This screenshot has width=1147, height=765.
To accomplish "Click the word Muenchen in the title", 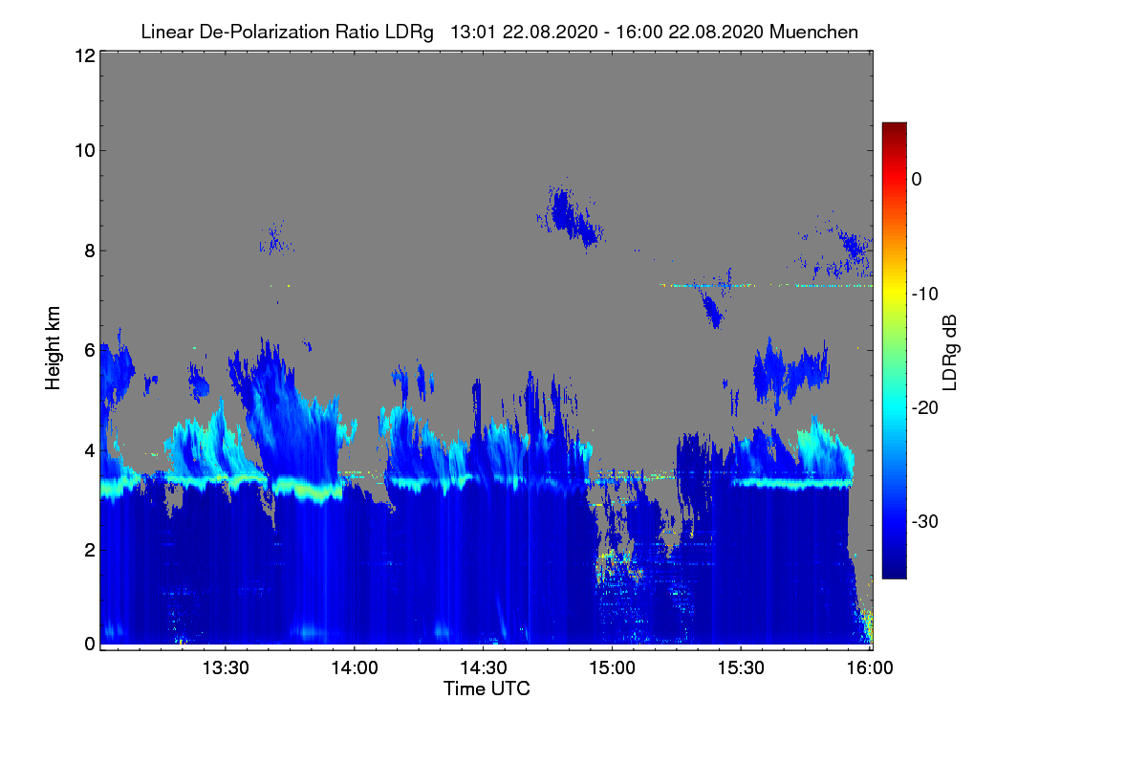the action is tap(813, 32).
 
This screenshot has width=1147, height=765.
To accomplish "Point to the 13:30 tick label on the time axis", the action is tap(226, 667).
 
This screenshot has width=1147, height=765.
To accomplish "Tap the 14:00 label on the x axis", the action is tap(355, 667).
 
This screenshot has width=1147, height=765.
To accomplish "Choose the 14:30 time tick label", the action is tap(484, 667).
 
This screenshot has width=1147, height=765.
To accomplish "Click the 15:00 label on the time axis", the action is tap(612, 667).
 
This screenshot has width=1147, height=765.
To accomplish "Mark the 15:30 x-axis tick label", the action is tap(741, 667).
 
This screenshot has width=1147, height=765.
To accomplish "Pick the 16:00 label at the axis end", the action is tap(870, 667).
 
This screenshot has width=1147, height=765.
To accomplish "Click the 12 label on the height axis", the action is tap(85, 55).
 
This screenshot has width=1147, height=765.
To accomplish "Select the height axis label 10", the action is tap(85, 151).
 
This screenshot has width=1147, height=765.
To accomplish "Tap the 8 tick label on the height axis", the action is tap(90, 251).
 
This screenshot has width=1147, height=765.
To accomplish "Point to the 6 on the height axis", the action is tap(90, 351).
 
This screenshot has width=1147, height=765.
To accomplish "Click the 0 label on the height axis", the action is tap(90, 644).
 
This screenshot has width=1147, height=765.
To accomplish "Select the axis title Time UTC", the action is tap(487, 688).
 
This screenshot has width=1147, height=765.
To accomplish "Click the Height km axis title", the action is tap(53, 348).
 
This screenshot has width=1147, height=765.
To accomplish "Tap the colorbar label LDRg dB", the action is tap(949, 353).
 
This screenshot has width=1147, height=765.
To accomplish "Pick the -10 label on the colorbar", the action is tap(925, 295).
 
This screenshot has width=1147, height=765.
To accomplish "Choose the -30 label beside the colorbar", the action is tap(925, 521).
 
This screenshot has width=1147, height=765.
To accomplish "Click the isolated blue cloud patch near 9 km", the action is tap(571, 215).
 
